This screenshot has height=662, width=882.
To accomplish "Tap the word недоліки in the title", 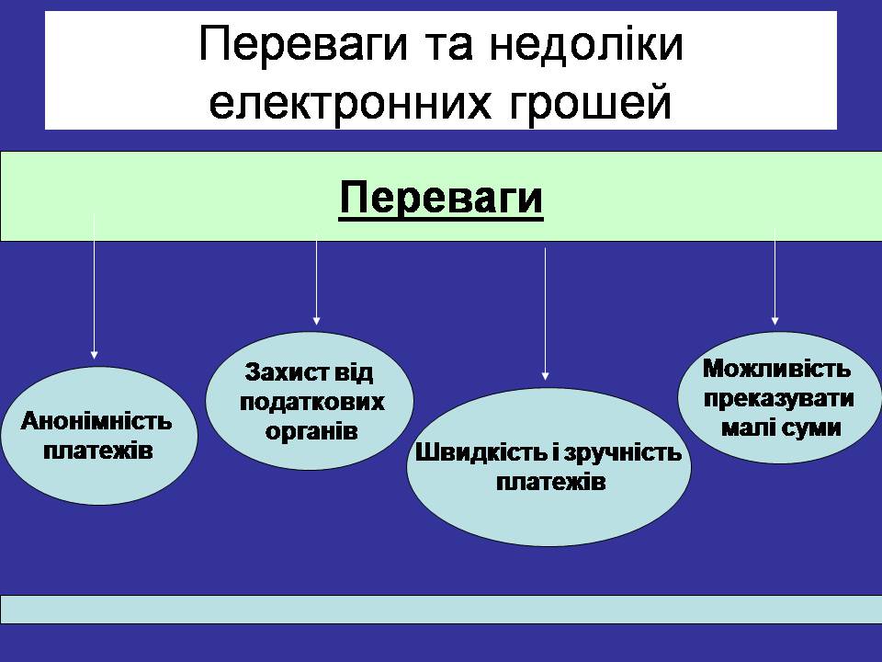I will click(x=582, y=47).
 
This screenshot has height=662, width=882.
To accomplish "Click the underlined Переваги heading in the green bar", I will click(x=441, y=198).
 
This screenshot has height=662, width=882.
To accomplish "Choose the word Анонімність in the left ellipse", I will click(x=97, y=422).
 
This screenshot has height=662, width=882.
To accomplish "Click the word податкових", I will click(x=311, y=403).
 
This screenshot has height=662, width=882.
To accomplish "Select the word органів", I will click(x=311, y=431).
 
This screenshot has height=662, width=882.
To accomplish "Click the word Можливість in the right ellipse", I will click(x=776, y=370).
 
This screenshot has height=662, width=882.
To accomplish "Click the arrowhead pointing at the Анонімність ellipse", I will click(x=94, y=352).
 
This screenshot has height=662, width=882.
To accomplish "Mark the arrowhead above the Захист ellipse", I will click(x=316, y=320).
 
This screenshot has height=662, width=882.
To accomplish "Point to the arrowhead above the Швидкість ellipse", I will click(x=546, y=375).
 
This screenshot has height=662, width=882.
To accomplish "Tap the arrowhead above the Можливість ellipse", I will click(x=775, y=321).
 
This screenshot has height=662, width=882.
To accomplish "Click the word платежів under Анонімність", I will click(x=97, y=451).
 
